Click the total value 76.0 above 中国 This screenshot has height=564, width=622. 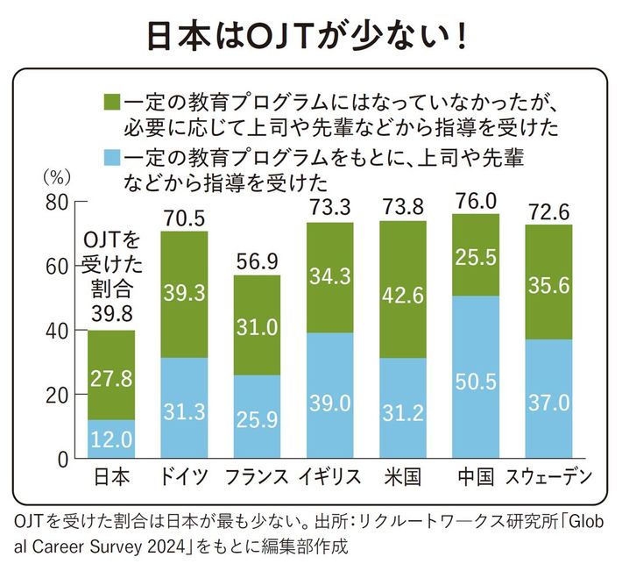pyautogui.click(x=476, y=201)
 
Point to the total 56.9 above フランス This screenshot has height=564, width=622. pyautogui.click(x=257, y=262)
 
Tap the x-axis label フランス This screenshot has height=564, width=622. pyautogui.click(x=257, y=478)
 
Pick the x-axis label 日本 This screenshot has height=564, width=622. pyautogui.click(x=110, y=478)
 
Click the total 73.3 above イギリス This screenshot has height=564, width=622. pyautogui.click(x=329, y=209)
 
